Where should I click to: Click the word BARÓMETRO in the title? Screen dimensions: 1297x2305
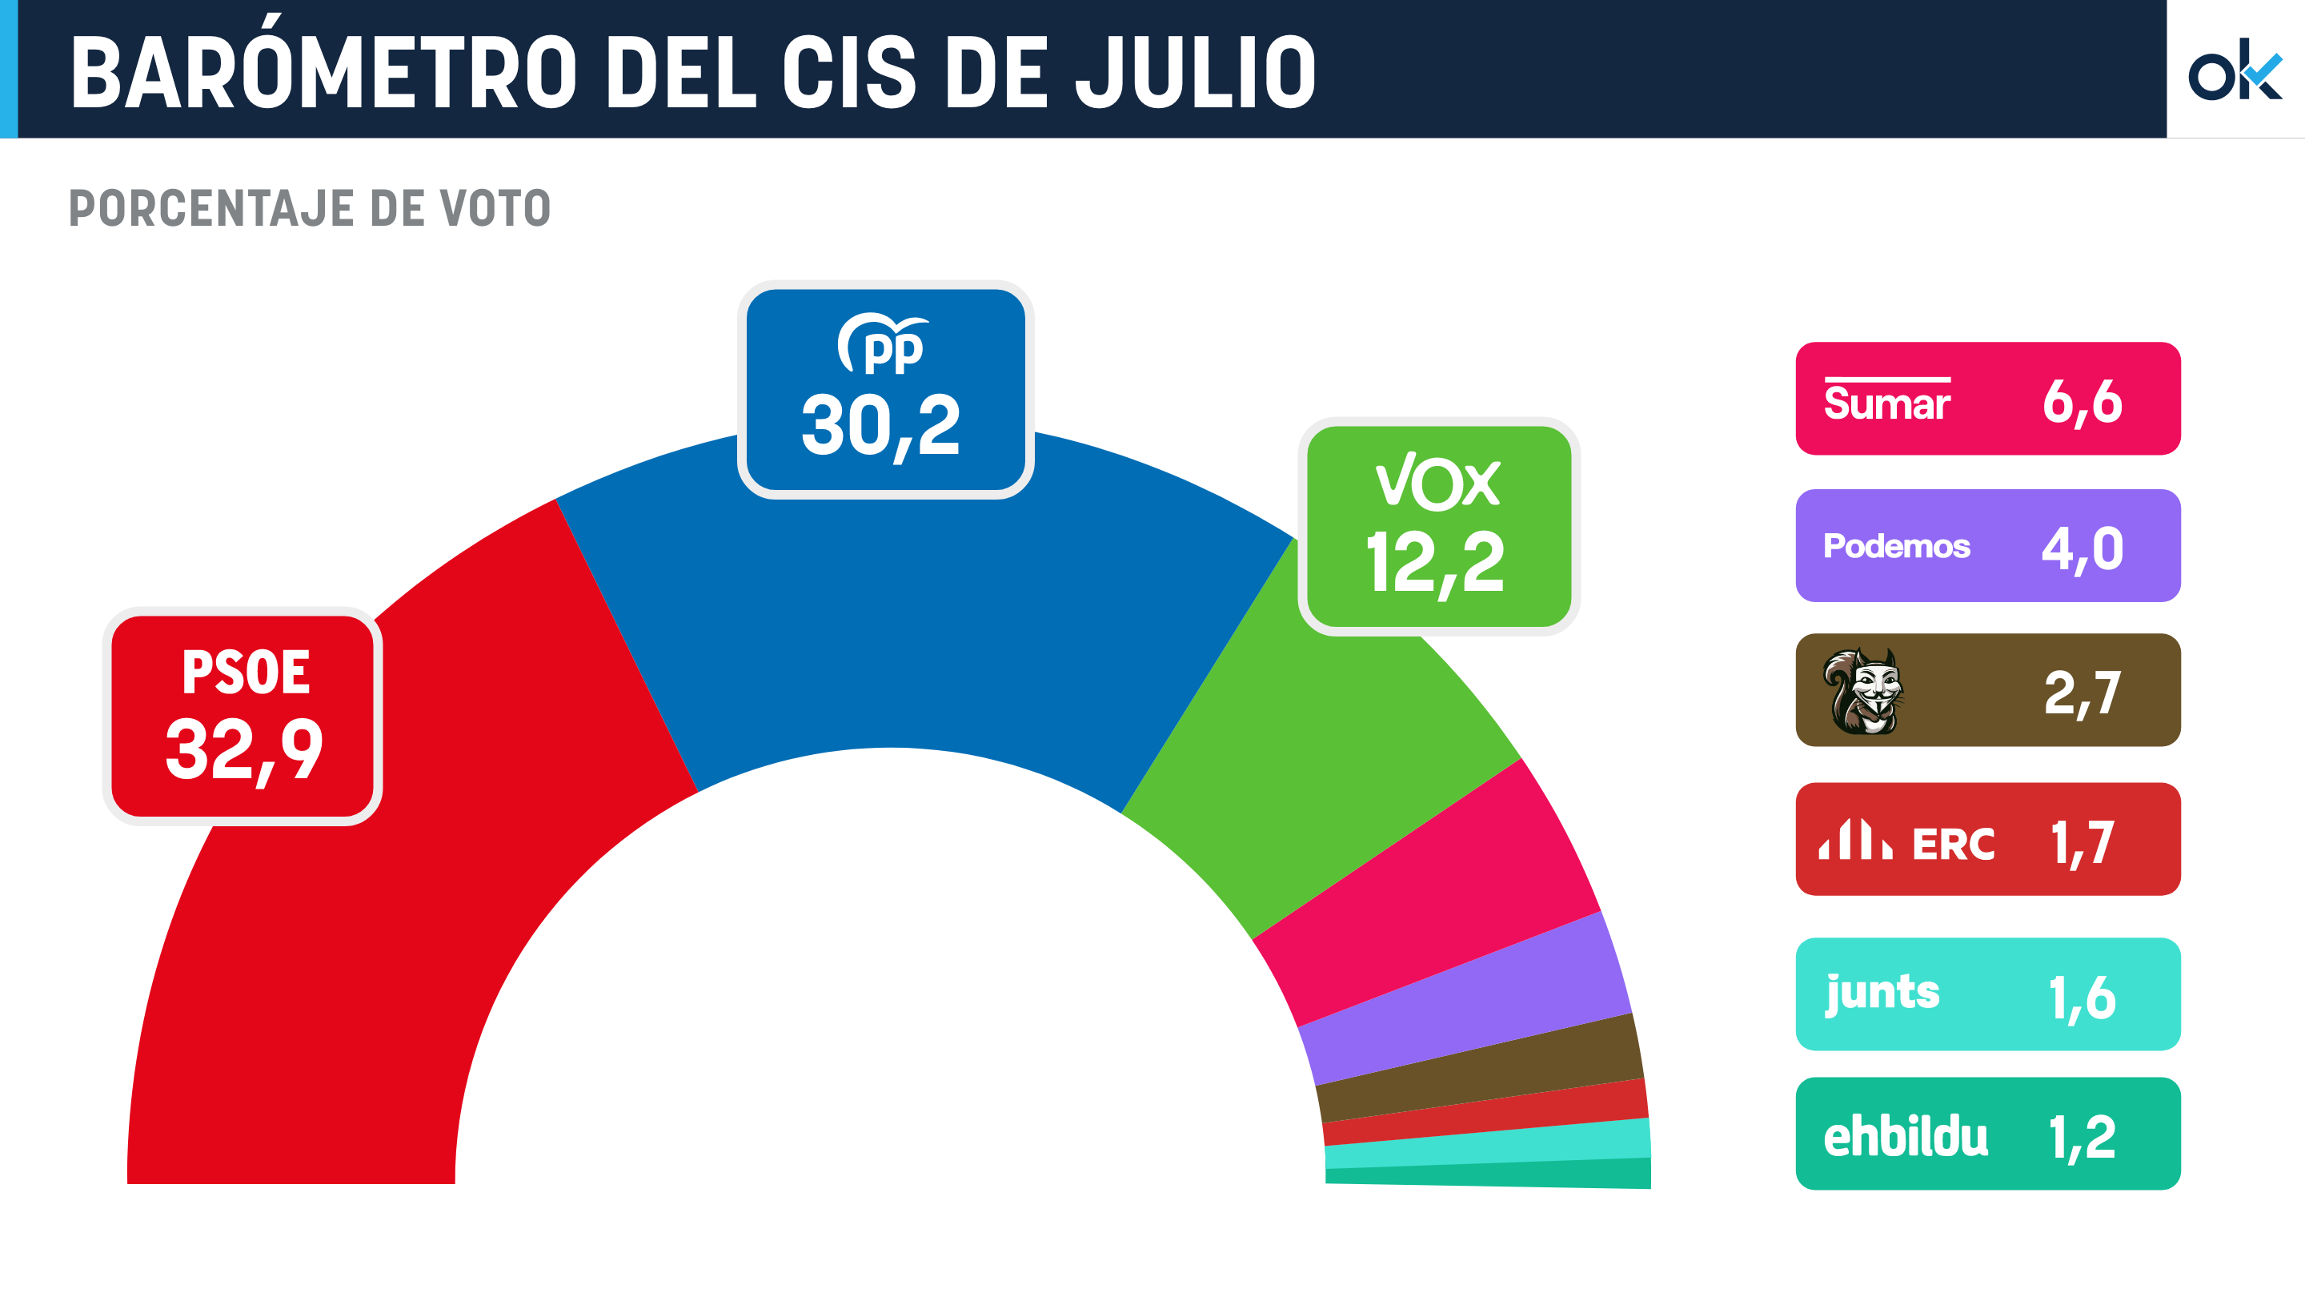coord(322,74)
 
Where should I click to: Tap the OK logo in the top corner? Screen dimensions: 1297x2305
coord(2234,70)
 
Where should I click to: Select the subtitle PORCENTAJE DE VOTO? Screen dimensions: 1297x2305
coord(310,208)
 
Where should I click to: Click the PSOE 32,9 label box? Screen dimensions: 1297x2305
coord(243,716)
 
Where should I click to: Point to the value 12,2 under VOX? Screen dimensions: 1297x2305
coord(1435,562)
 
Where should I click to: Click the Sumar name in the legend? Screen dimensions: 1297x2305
coord(1886,403)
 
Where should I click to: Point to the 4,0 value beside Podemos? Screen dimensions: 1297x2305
coord(2083,548)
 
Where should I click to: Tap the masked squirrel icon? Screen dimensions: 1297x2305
coord(1864,691)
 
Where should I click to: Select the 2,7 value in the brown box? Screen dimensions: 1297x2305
coord(2083,693)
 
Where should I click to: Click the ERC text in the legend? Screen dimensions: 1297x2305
coord(1954,844)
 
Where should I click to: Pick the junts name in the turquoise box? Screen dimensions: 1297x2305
coord(1882,994)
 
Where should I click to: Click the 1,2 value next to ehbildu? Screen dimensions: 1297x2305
coord(2083,1137)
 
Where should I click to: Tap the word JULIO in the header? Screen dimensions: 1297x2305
coord(1196,74)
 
